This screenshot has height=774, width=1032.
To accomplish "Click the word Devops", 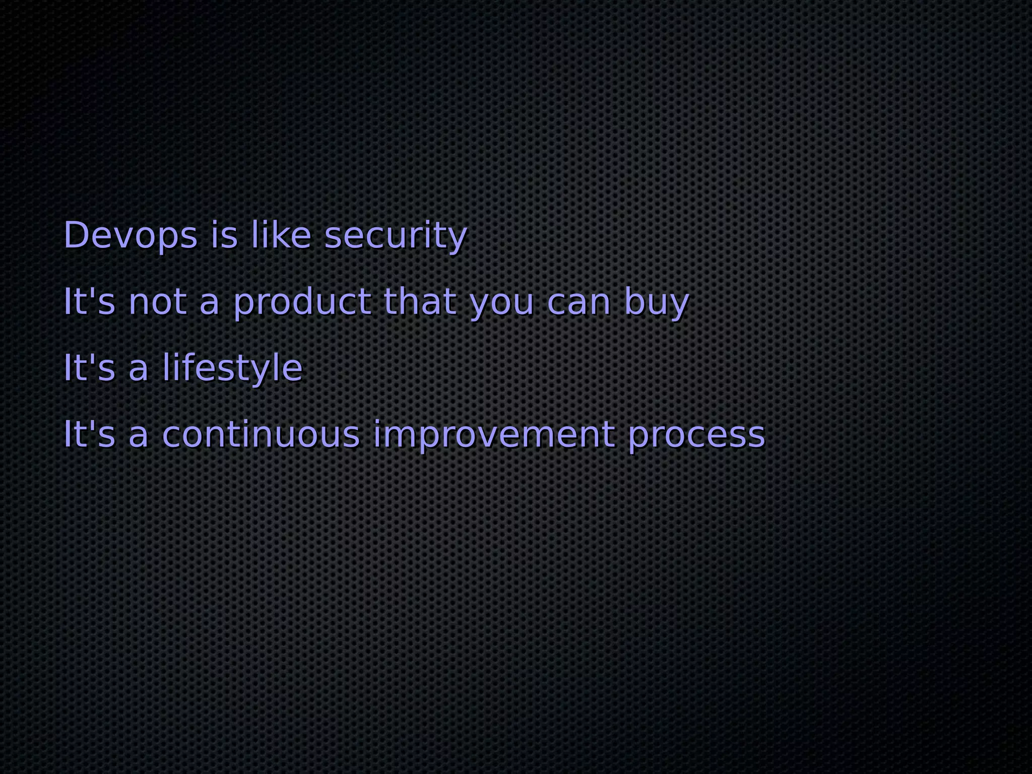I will coord(130,235).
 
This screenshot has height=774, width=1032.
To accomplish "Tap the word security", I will coord(396,236).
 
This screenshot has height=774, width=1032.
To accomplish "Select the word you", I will coord(501,304).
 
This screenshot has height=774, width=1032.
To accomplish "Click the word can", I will coord(579,302).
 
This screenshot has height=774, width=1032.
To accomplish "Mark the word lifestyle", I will coord(232,368).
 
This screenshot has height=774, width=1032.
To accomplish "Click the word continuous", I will coord(262,434).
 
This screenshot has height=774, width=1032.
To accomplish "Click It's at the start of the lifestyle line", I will coord(89,367).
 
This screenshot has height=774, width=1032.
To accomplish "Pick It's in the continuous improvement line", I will coord(89,434).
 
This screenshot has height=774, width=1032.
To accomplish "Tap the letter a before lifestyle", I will coord(139,369).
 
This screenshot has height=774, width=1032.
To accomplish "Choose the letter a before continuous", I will coord(139,435).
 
